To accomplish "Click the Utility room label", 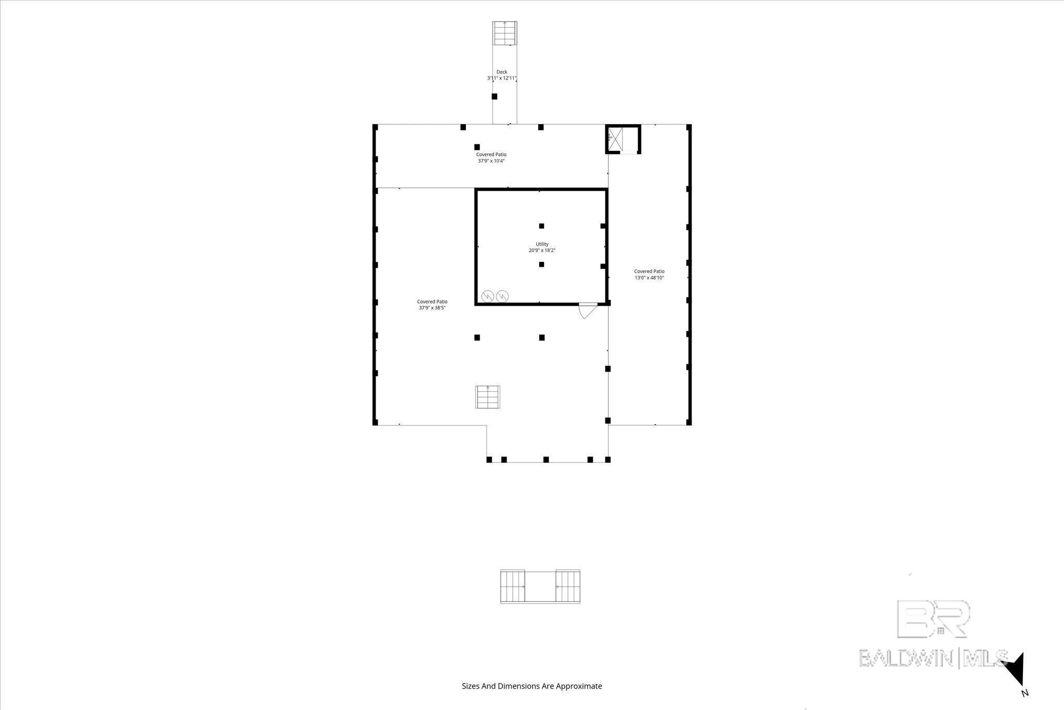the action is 542,244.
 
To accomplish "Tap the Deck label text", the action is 501,72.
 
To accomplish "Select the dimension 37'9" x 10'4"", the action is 491,161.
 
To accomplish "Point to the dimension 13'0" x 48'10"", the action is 649,278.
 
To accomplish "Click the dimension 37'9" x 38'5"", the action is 432,308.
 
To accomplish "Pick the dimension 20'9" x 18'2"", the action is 542,251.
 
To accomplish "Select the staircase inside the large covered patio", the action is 487,397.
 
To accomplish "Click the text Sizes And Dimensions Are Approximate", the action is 532,686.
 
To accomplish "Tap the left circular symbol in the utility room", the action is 488,296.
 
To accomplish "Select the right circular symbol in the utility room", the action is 502,296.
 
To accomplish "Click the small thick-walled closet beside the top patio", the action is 623,139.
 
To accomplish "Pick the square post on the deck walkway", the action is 495,96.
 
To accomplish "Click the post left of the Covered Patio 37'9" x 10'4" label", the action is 477,147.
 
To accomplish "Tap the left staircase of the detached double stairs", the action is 513,587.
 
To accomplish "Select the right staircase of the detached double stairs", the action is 568,587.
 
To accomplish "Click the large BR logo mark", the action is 934,619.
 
